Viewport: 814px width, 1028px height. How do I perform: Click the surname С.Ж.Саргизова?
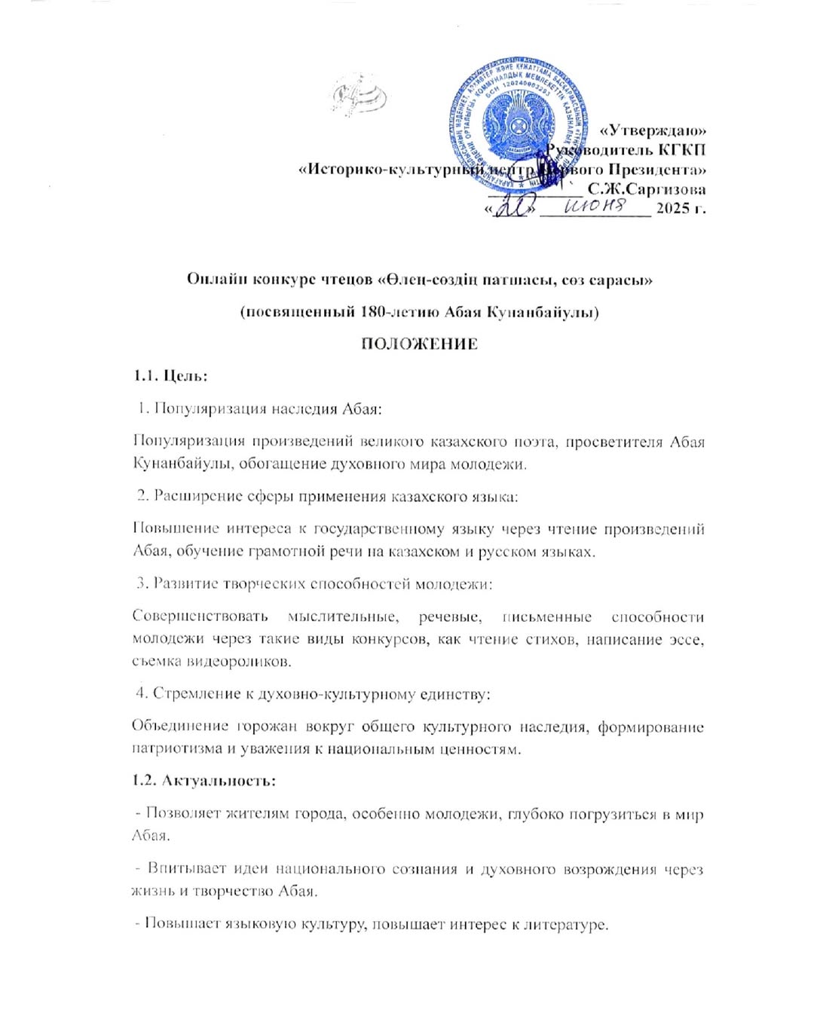(x=647, y=188)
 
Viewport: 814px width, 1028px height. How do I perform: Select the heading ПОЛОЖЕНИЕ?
(x=419, y=344)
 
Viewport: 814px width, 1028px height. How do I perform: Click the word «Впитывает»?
(x=180, y=868)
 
